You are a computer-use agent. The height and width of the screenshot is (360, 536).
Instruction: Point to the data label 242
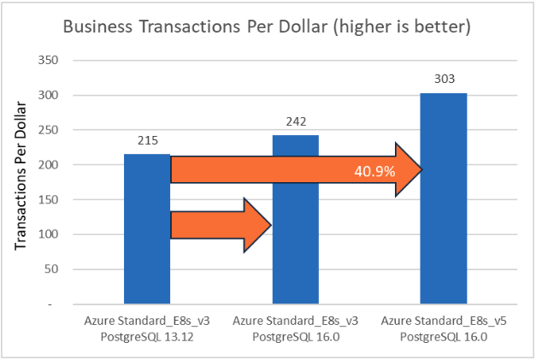click(296, 121)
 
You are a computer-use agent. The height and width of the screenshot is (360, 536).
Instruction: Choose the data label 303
click(444, 79)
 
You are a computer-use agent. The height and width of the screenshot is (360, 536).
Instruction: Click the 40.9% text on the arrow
click(374, 171)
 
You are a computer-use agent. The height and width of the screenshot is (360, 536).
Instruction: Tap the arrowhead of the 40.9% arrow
click(408, 170)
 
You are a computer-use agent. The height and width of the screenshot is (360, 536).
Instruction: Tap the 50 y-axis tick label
click(52, 269)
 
